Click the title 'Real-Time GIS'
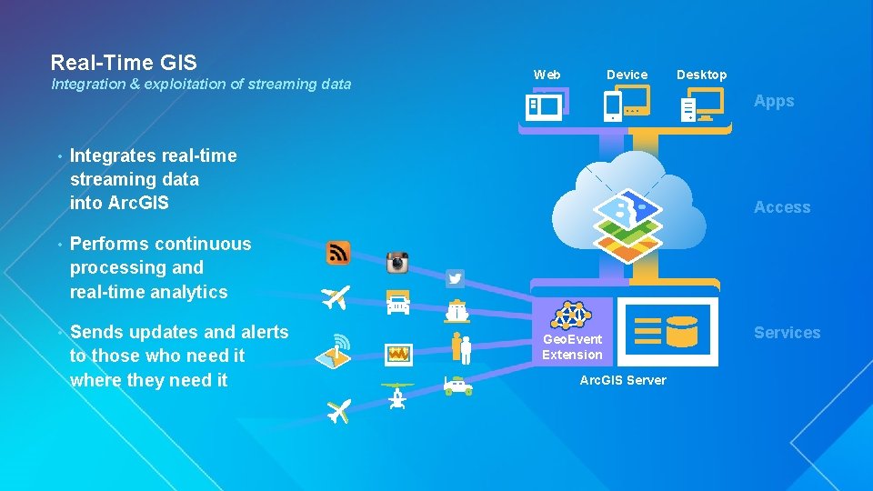point(124,63)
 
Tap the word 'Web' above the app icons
point(547,75)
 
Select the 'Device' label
point(627,75)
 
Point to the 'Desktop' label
point(702,75)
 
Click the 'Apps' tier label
point(774,101)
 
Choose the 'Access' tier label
point(782,207)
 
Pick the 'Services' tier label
point(787,333)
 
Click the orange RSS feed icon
point(338,253)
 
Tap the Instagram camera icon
point(397,263)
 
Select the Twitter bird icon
point(456,278)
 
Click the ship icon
point(457,310)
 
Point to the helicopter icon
point(396,396)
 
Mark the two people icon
point(461,347)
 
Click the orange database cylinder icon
point(681,333)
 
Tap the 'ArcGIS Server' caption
point(623,380)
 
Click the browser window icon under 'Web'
point(546,105)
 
